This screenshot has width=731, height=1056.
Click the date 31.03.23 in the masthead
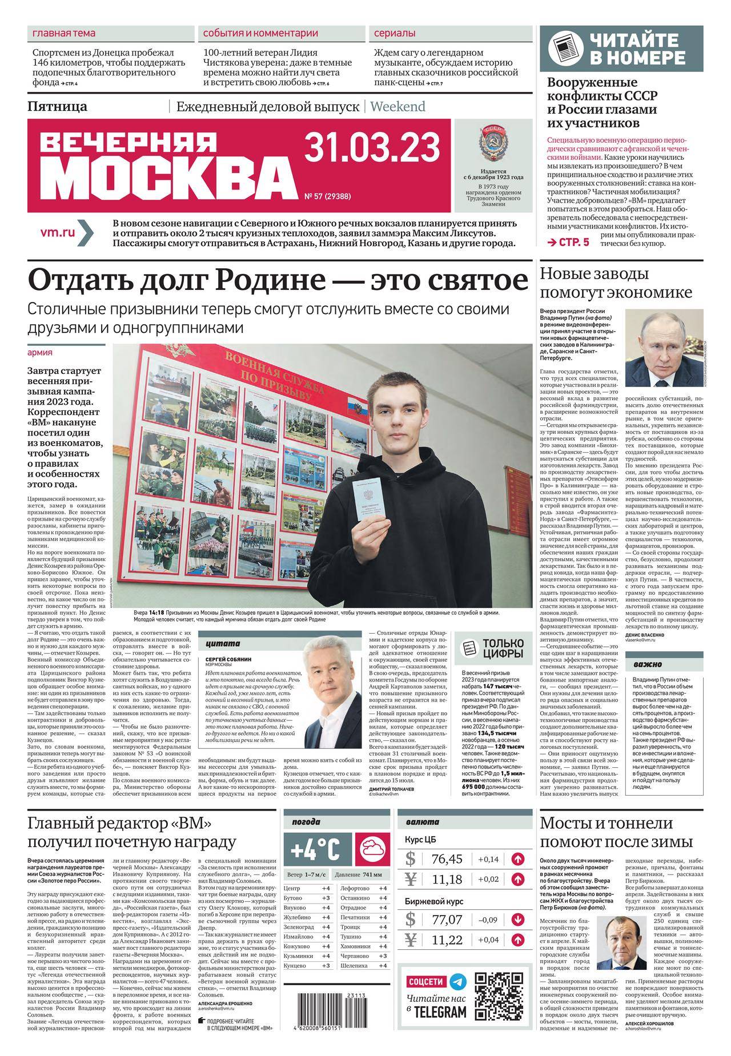tap(372, 147)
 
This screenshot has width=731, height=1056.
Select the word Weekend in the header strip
tap(397, 107)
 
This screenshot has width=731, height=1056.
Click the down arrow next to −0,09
tap(517, 920)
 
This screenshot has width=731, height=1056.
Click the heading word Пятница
tap(57, 107)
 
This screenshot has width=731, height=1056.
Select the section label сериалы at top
tap(395, 34)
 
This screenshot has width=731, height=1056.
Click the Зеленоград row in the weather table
tap(308, 927)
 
